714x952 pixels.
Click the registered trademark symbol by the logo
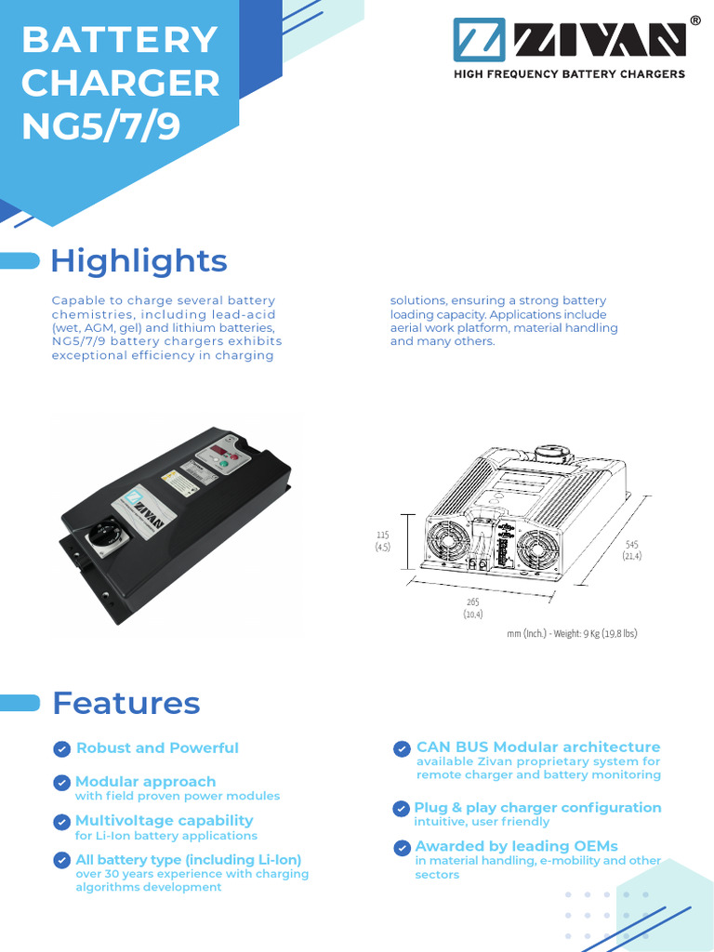(x=695, y=20)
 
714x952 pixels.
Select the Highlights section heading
(x=139, y=261)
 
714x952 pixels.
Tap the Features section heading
(x=126, y=703)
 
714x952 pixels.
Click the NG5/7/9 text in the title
(x=101, y=126)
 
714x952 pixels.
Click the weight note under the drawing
(x=572, y=633)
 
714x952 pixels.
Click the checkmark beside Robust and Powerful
(x=61, y=749)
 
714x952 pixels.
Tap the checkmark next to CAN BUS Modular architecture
(x=402, y=748)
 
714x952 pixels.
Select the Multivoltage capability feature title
(x=164, y=820)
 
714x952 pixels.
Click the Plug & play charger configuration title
(x=537, y=807)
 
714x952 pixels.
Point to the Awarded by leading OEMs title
(x=516, y=846)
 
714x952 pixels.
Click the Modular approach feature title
(x=145, y=782)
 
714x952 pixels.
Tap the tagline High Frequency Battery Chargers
(x=568, y=73)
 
